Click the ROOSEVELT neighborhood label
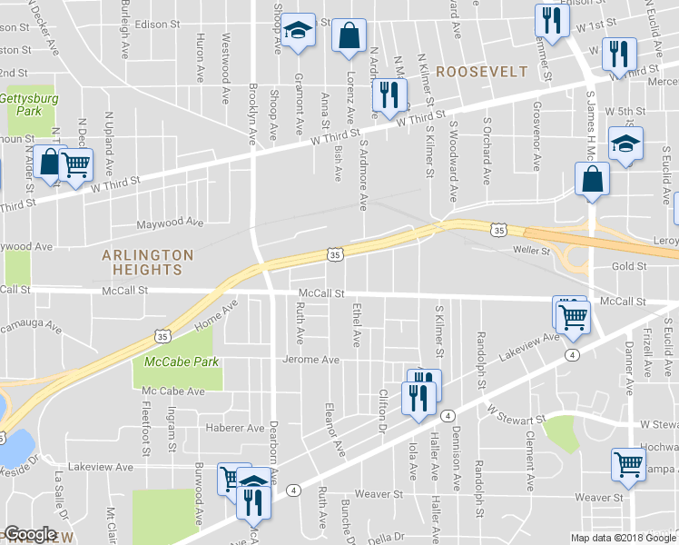[481, 71]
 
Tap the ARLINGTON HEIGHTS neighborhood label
[147, 263]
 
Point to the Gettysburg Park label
[21, 104]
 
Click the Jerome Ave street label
[310, 360]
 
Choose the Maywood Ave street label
[170, 223]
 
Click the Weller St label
[533, 248]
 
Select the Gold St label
[627, 266]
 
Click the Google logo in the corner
[30, 534]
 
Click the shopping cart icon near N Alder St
[76, 164]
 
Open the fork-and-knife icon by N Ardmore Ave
[388, 94]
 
